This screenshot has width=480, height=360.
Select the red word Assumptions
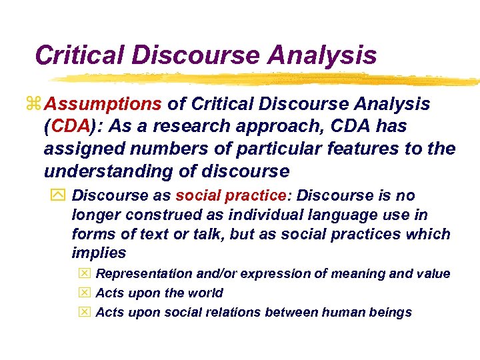105,105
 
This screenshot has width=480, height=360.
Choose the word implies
99,253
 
